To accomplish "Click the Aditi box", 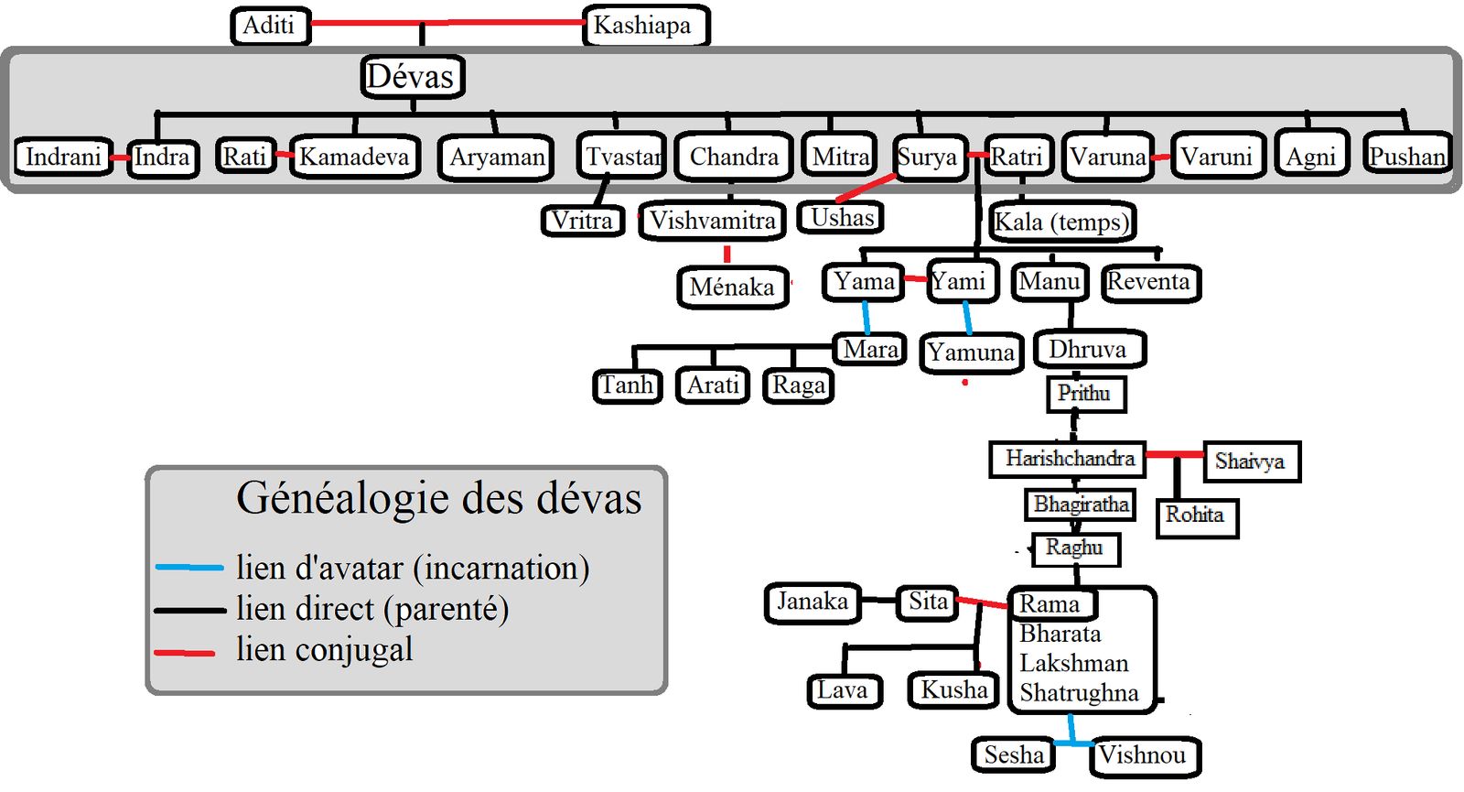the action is point(271,26).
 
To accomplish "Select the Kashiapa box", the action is point(646,26).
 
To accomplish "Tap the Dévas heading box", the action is point(413,77).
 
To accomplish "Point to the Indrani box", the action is point(63,157).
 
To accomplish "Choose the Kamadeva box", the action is point(355,157).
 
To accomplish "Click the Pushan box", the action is point(1406,156).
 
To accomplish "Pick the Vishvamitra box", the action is point(713,221).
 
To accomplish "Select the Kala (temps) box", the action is point(1062,222).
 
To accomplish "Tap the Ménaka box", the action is point(733,288).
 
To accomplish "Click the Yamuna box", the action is point(971,353).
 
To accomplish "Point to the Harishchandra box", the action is point(1068,459).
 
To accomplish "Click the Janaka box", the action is point(813,602).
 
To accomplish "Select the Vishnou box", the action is point(1146,756).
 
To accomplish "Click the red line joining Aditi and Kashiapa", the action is point(447,23).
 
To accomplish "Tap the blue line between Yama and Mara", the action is point(866,317).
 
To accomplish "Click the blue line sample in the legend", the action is point(189,568).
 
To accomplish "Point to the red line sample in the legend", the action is point(184,653).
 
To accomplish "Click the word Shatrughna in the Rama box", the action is point(1079,693).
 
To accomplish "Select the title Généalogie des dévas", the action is point(438,498).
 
